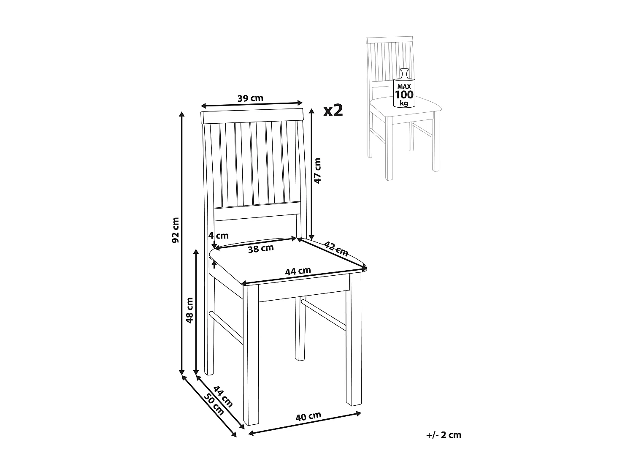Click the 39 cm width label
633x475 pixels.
click(250, 98)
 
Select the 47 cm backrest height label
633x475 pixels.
click(318, 170)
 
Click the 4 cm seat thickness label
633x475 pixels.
click(218, 235)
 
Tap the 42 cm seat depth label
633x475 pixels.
click(336, 249)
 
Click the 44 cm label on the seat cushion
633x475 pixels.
click(298, 271)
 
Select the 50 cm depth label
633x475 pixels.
click(214, 404)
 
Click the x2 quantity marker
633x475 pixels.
click(333, 110)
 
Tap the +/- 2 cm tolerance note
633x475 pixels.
click(444, 435)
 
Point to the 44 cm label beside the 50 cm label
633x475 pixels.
click(223, 396)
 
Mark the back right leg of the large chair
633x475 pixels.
click(300, 329)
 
